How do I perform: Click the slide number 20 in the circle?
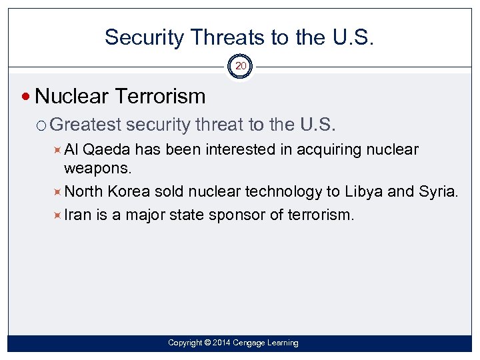241,66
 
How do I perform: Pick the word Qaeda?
108,149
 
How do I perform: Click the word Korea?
129,191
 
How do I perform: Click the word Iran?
77,215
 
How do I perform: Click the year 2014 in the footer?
223,343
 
